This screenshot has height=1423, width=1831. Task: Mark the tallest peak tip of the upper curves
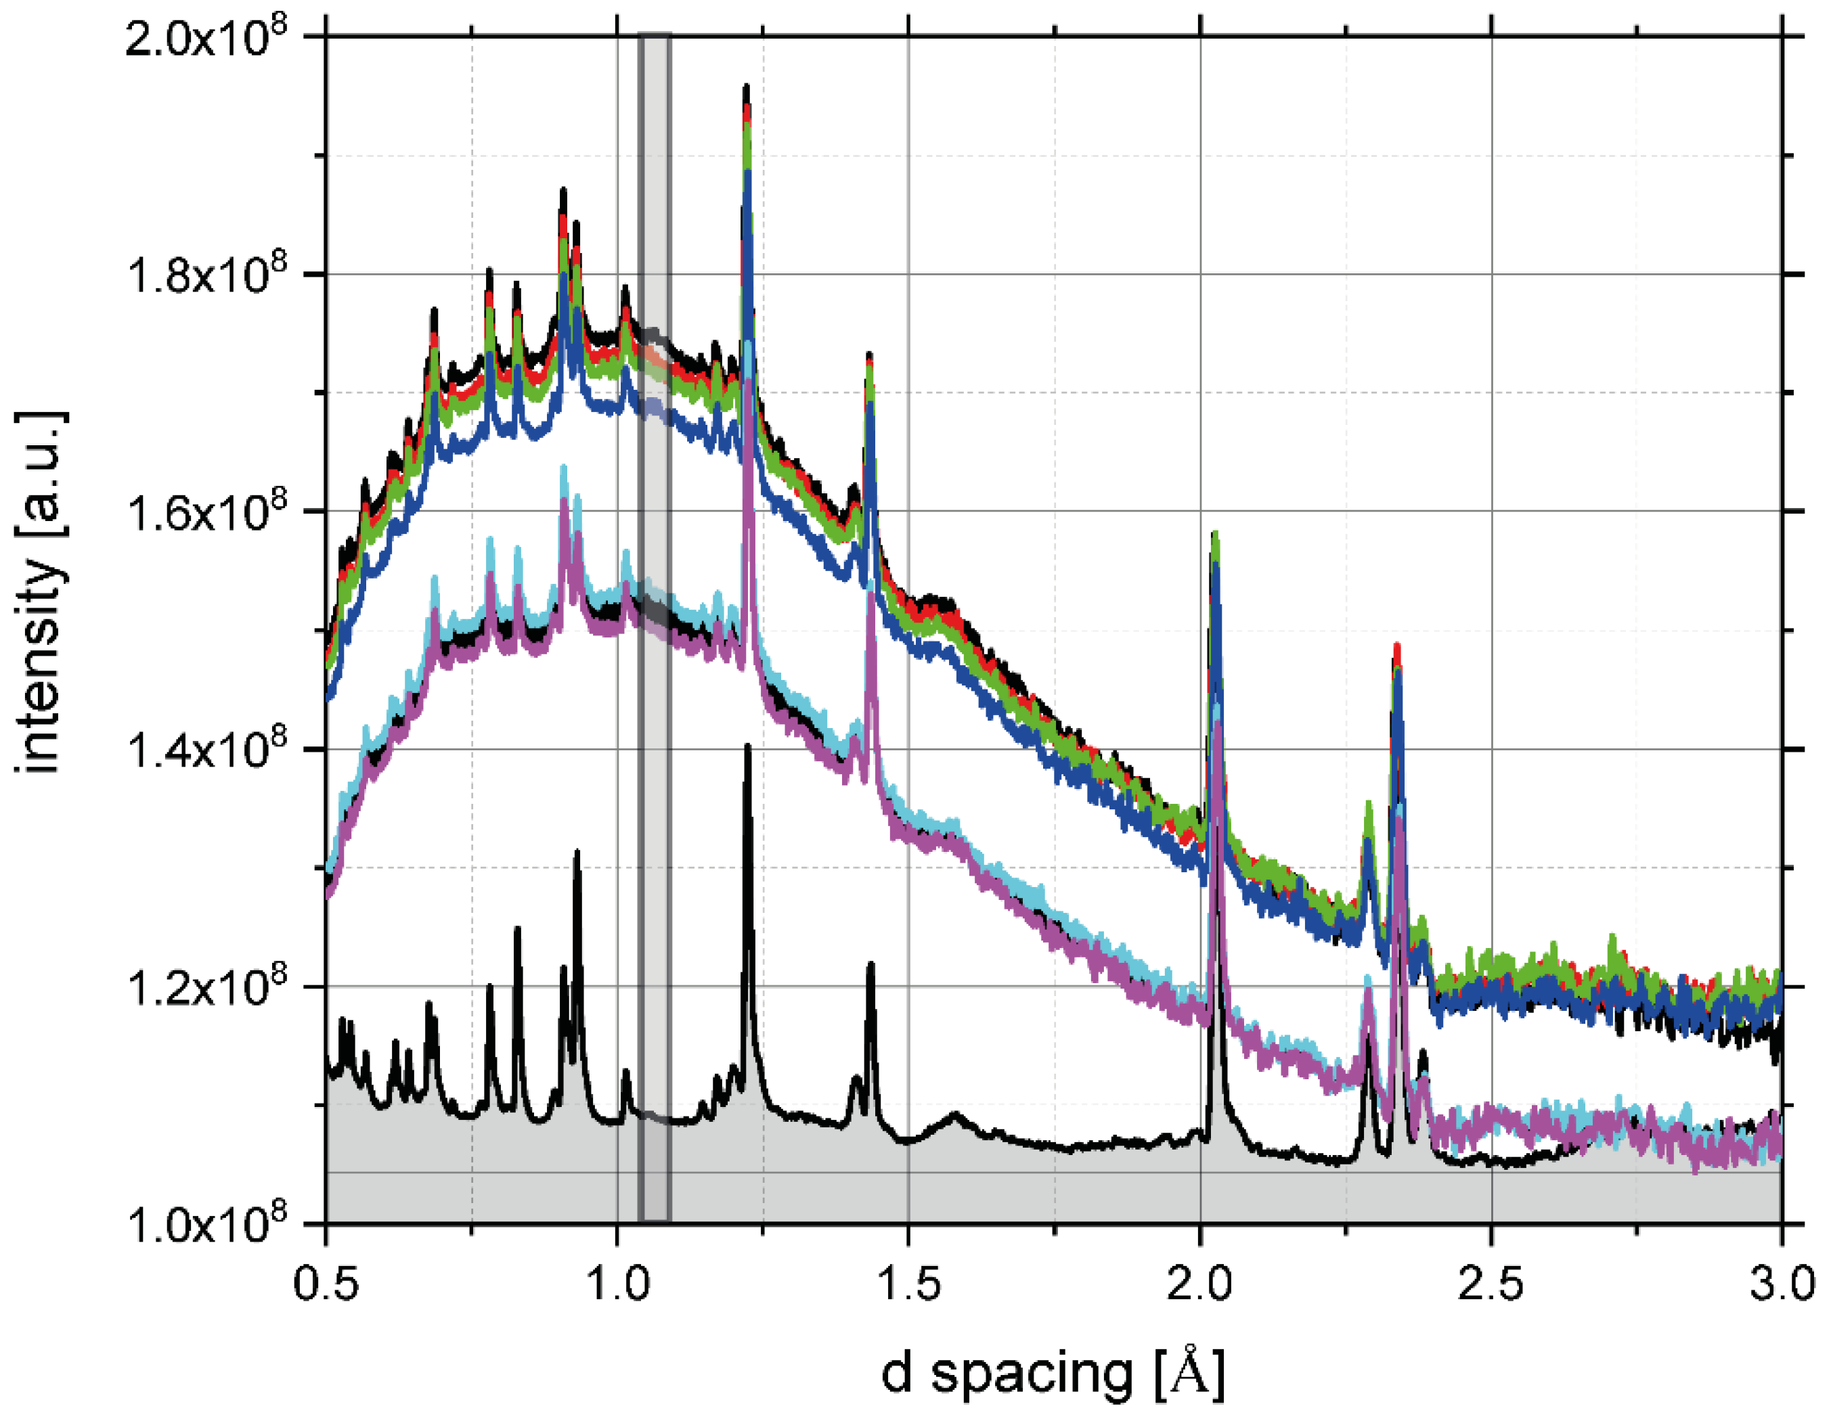point(746,87)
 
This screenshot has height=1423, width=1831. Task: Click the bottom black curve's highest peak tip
point(748,746)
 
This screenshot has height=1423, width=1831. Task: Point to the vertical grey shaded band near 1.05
point(655,629)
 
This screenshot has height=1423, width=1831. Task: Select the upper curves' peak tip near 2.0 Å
point(1215,534)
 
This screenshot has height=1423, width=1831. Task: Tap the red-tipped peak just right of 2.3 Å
point(1396,646)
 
